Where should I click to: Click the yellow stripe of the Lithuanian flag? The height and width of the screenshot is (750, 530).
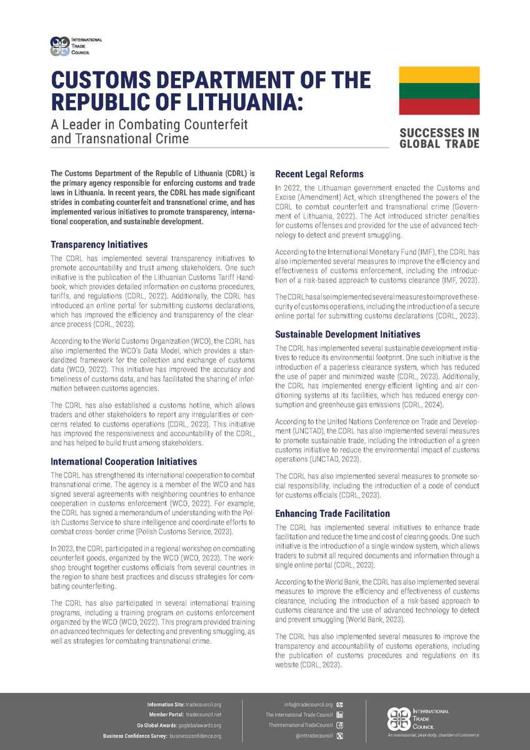tap(439, 74)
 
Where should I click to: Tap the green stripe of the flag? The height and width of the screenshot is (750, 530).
tap(439, 91)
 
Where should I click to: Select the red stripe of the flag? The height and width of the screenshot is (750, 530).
tap(439, 106)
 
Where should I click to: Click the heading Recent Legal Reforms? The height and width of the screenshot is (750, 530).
tap(319, 174)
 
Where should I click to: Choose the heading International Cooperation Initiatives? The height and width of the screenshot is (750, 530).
tap(123, 461)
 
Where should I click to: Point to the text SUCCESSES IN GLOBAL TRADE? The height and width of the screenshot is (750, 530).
tap(439, 138)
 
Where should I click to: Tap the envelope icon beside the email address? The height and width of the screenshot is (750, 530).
tap(339, 704)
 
